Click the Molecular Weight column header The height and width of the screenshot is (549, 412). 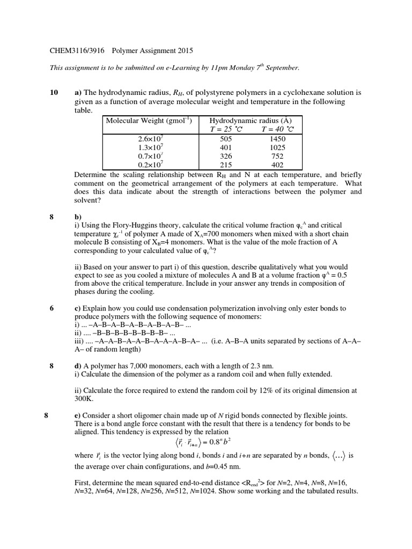point(149,121)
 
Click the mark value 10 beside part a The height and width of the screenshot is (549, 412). point(54,93)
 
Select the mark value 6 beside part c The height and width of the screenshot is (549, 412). point(51,308)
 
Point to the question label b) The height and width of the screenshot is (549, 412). point(78,217)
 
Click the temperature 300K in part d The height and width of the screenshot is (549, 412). point(84,399)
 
